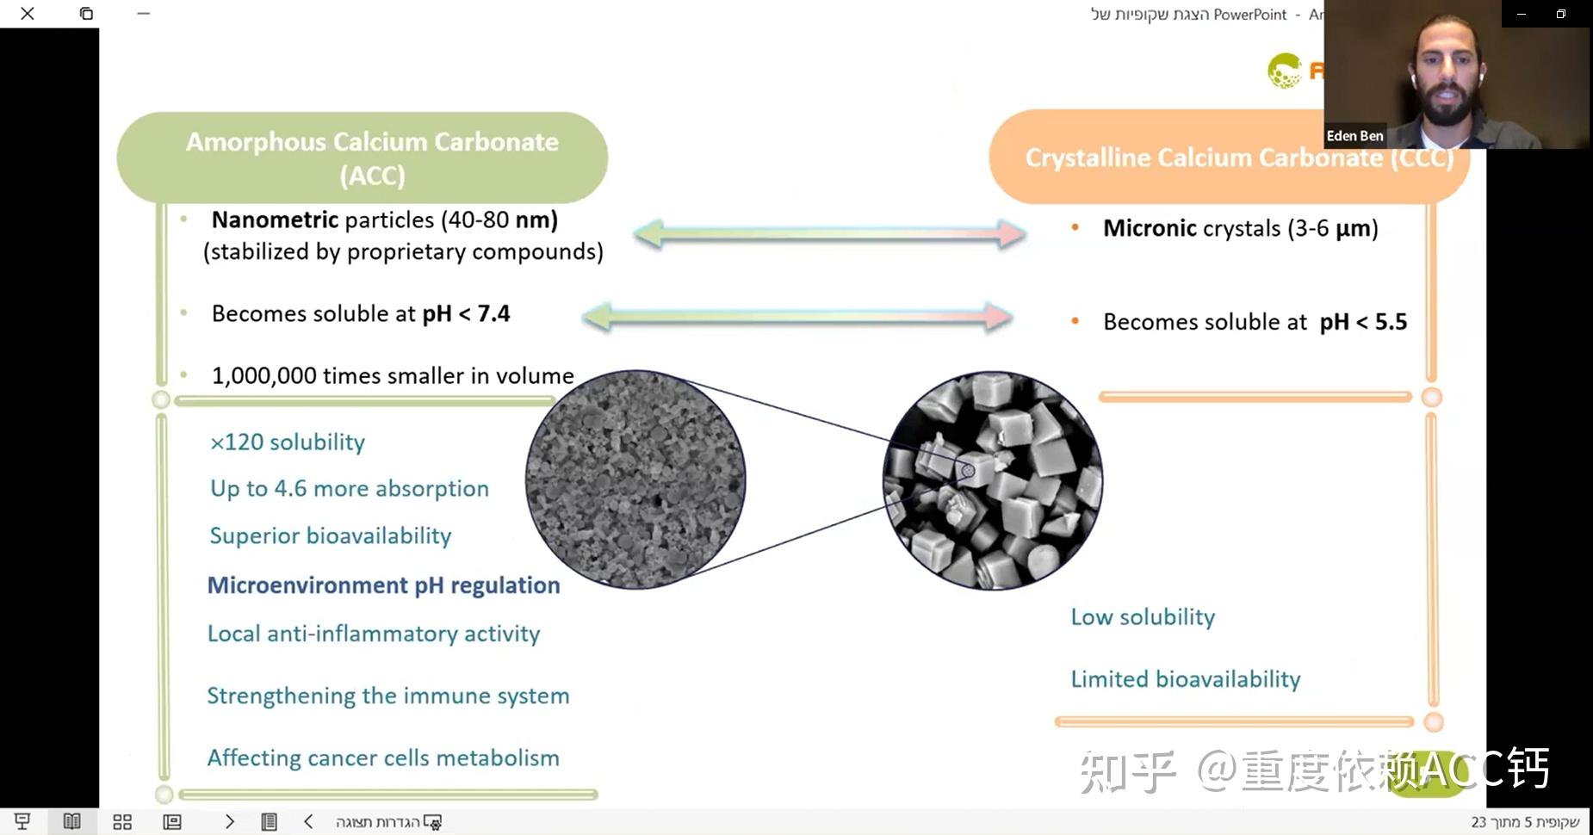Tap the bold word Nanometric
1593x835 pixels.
[275, 220]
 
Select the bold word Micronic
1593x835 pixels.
[1150, 229]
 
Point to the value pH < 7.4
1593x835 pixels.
[466, 314]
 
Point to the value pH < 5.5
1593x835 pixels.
[1363, 323]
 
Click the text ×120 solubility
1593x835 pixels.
[288, 442]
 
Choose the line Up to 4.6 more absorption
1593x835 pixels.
[350, 489]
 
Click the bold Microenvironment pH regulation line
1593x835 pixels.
[384, 585]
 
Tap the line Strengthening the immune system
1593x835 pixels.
[388, 696]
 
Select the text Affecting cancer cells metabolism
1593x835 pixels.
[383, 758]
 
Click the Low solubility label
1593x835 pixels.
[1143, 617]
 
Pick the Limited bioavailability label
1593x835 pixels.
[1186, 679]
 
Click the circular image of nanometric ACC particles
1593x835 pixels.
[635, 479]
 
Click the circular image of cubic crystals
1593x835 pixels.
[993, 480]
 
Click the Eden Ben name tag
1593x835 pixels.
[1354, 136]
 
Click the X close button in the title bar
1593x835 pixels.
[28, 14]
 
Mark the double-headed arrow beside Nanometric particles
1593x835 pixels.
[829, 233]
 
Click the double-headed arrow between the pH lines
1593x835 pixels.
[797, 317]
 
